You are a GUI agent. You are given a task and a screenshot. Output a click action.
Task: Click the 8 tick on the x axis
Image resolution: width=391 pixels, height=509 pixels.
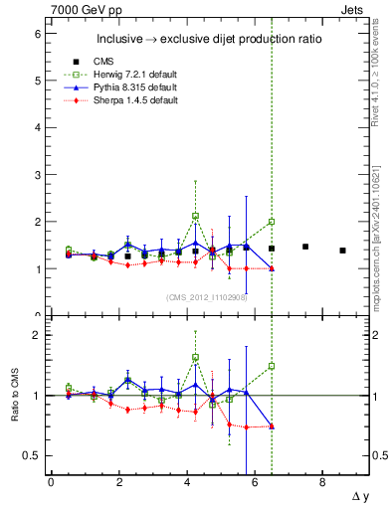pos(322,482)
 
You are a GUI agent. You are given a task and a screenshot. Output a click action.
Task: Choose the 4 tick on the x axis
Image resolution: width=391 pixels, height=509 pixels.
pos(187,482)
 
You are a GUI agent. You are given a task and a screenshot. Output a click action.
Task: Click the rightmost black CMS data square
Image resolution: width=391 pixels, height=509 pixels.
pos(342,251)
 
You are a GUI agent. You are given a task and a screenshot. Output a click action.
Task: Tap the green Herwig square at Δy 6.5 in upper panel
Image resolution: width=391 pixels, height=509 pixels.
pos(272,222)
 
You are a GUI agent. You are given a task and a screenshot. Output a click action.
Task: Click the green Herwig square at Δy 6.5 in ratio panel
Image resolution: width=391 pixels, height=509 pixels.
pos(272,366)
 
